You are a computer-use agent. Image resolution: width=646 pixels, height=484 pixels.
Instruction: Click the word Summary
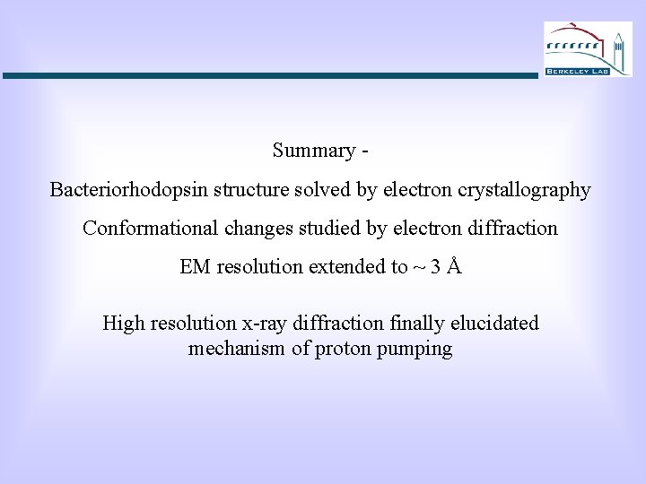(314, 151)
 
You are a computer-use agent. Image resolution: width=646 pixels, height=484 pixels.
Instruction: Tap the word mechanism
(236, 350)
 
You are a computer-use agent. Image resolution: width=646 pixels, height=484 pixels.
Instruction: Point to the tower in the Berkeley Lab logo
(618, 48)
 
